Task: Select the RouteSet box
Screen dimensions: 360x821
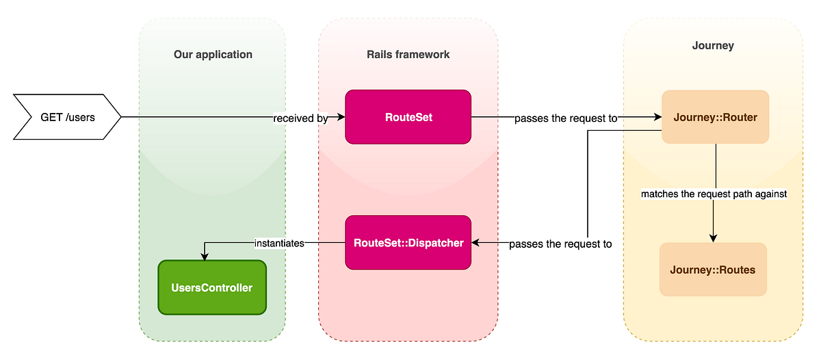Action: [408, 117]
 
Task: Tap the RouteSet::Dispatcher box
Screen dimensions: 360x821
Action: [408, 242]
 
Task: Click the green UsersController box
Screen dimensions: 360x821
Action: [212, 287]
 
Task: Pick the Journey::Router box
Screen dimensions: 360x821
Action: [715, 117]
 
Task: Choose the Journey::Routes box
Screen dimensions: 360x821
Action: [714, 270]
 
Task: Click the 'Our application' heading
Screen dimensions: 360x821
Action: [213, 54]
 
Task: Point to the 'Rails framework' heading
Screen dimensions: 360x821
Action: [408, 54]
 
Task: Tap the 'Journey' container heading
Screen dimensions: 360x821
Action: [713, 46]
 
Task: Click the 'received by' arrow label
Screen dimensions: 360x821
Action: [300, 118]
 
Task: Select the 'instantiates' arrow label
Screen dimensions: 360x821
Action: [279, 242]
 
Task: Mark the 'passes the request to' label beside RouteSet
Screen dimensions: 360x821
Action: [566, 118]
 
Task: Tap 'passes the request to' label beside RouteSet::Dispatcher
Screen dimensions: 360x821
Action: [560, 243]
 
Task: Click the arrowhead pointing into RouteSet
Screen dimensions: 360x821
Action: [340, 117]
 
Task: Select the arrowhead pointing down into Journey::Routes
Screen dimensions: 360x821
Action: [714, 239]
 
